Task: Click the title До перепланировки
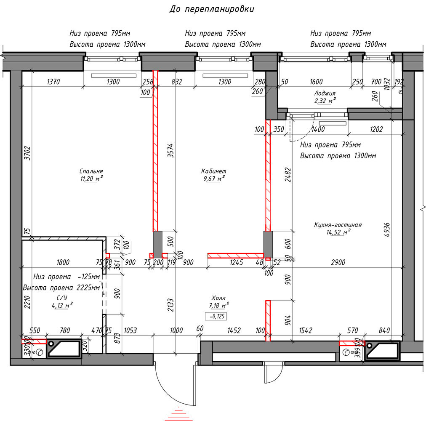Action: click(212, 9)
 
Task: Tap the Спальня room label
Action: click(91, 171)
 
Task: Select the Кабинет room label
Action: click(213, 171)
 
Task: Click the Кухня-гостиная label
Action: click(338, 225)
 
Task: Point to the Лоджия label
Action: click(325, 93)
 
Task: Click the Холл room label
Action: click(218, 298)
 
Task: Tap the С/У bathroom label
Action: click(62, 298)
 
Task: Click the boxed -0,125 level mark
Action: click(216, 316)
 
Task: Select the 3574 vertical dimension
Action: click(170, 151)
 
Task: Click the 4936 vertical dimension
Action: click(387, 230)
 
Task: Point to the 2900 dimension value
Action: click(338, 262)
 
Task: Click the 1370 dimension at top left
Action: click(53, 82)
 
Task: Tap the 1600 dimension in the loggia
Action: click(316, 82)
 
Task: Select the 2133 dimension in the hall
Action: click(170, 305)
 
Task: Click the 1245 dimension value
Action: click(236, 262)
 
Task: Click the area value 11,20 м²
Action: click(91, 179)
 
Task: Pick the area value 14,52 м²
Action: click(338, 232)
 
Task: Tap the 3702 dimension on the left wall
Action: click(27, 153)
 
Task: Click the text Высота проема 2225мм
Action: click(61, 288)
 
